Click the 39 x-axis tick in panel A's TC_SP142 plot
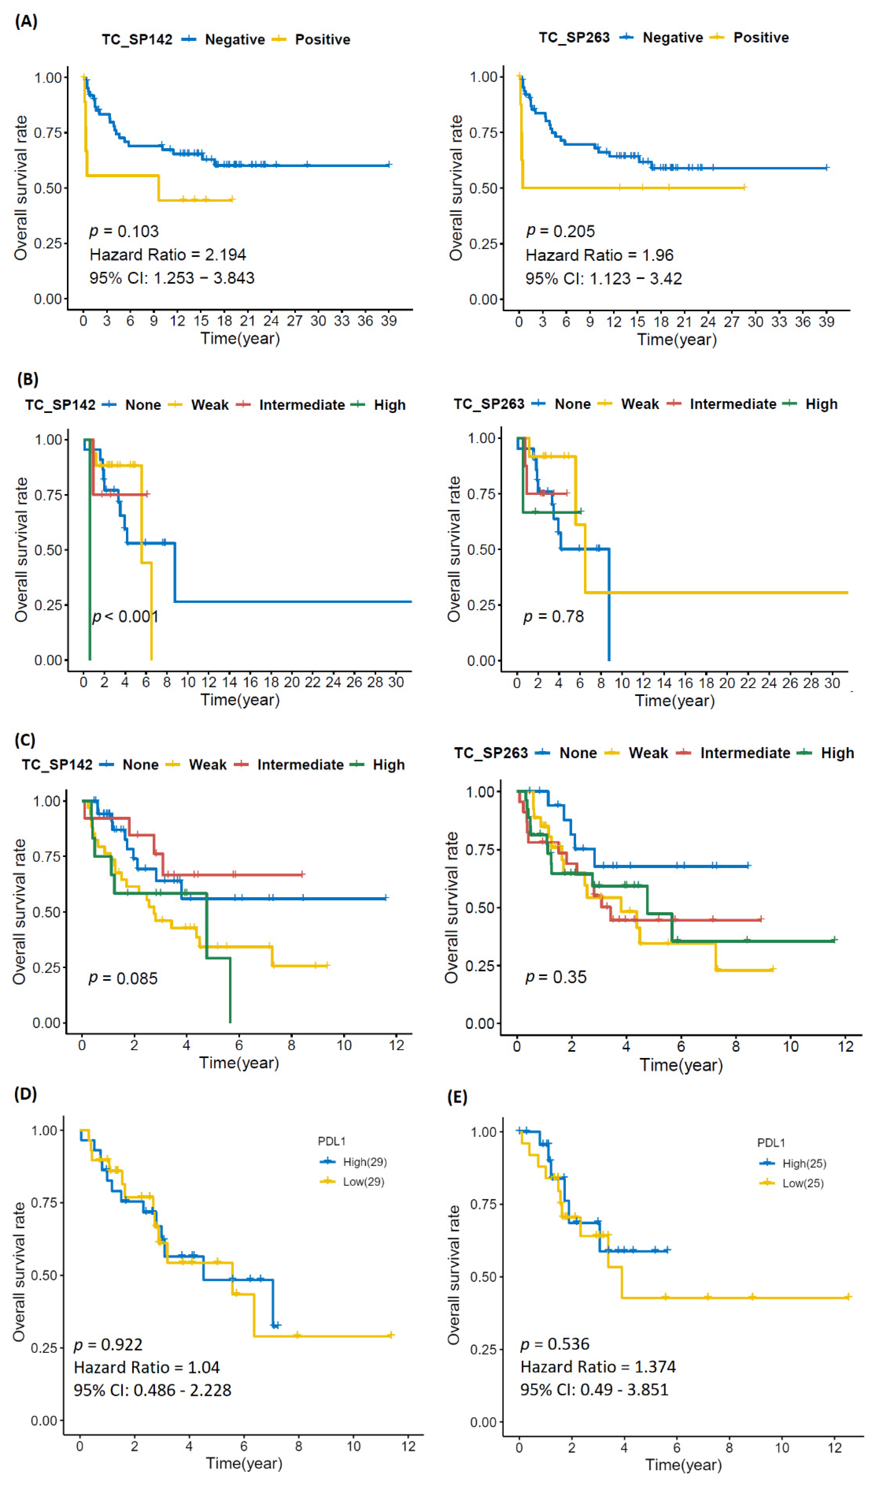pos(389,321)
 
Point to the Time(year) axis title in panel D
pos(244,1463)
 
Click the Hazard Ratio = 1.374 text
pos(598,1367)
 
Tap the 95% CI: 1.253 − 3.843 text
pos(172,278)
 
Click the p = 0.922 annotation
pos(108,1345)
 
